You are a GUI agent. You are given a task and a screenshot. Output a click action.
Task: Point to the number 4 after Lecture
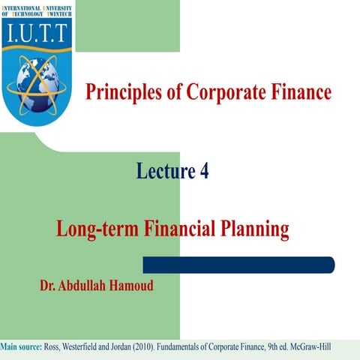pos(204,172)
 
